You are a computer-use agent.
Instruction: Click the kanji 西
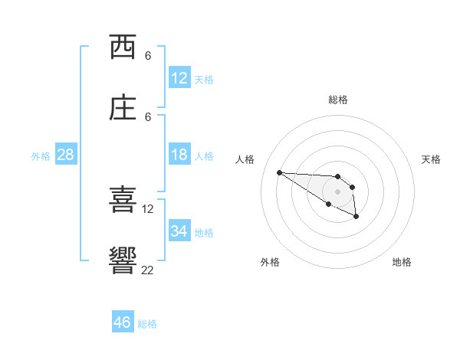point(123,47)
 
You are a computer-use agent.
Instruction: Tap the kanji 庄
point(123,109)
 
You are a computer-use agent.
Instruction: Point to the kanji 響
point(123,261)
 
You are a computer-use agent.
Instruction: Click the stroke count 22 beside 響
point(148,270)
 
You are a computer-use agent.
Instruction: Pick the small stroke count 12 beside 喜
point(148,208)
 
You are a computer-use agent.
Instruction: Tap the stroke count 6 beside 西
point(148,56)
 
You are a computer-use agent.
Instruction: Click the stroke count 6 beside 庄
point(148,116)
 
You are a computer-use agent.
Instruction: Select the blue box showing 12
point(179,78)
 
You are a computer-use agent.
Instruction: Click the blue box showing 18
point(179,155)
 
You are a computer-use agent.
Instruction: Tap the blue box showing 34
point(179,231)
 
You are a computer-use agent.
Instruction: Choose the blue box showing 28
point(66,155)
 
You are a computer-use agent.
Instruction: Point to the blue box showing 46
point(123,322)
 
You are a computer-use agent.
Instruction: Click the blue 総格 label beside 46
point(147,324)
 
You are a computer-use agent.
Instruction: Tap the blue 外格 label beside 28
point(41,156)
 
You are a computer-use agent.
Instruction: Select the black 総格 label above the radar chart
point(338,100)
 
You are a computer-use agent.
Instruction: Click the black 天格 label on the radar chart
point(431,159)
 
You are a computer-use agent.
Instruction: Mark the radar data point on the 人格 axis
point(279,172)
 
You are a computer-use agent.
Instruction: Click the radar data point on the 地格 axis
point(356,218)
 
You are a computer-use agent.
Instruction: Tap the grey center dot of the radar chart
point(338,191)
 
